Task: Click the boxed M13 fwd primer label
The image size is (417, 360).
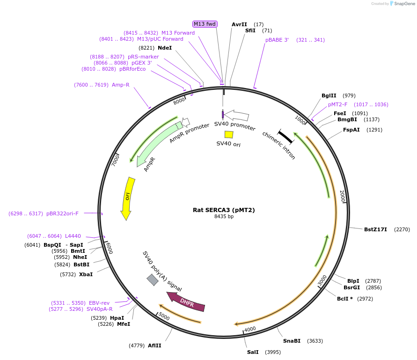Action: (x=205, y=24)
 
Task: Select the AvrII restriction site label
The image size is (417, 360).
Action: (x=239, y=24)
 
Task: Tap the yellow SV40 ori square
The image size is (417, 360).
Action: (x=229, y=134)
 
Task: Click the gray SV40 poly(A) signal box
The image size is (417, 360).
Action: (x=153, y=280)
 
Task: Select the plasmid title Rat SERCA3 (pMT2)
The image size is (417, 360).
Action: (x=224, y=210)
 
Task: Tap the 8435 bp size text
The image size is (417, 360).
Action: (x=224, y=217)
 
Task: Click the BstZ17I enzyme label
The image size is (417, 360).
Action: (x=375, y=229)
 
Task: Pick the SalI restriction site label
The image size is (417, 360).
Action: (x=253, y=352)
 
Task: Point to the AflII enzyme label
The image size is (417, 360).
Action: (x=154, y=345)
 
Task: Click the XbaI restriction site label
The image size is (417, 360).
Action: (x=86, y=274)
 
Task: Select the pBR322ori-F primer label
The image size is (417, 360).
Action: (x=62, y=213)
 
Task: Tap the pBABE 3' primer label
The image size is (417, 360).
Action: (x=277, y=40)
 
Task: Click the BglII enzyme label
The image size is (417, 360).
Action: (x=329, y=96)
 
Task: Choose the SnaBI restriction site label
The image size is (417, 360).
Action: (x=292, y=341)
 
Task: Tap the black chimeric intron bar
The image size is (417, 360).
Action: (x=285, y=136)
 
